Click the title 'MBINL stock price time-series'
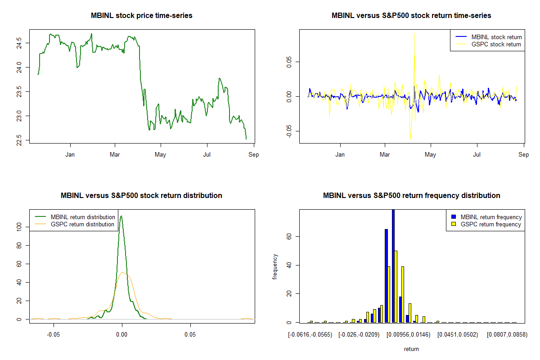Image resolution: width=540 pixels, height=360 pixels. click(x=142, y=16)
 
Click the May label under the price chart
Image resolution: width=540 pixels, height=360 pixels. click(x=160, y=155)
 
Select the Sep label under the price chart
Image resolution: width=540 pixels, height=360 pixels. click(x=254, y=155)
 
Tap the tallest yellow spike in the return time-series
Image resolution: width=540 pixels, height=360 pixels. click(x=414, y=34)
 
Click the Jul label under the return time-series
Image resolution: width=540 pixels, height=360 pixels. click(x=477, y=155)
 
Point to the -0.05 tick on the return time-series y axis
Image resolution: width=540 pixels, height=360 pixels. click(x=289, y=131)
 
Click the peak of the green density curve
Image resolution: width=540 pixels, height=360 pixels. click(x=121, y=216)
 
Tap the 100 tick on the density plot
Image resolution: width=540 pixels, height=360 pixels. click(x=19, y=228)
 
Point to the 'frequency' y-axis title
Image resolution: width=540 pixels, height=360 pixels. click(x=275, y=266)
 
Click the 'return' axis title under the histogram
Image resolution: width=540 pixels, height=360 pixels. click(x=411, y=349)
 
